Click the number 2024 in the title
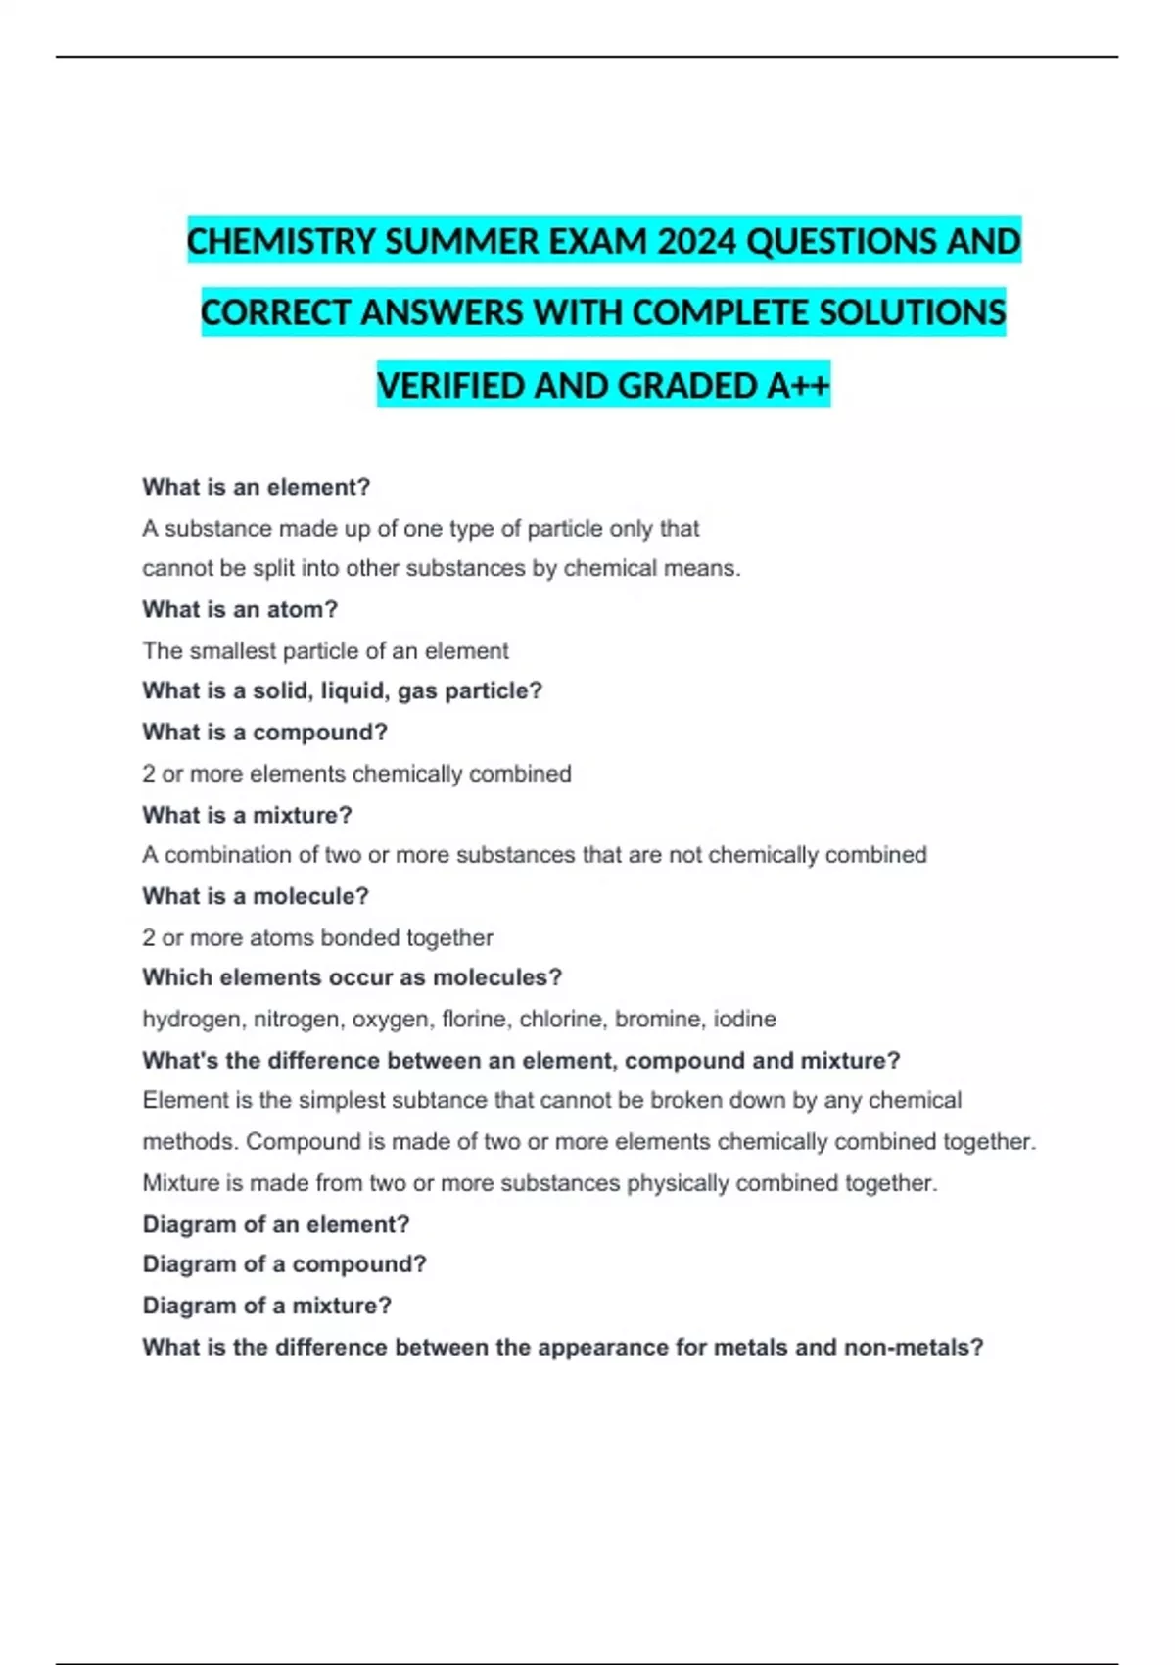tap(696, 241)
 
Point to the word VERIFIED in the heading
tap(450, 385)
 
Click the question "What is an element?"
tap(256, 487)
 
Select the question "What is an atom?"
tap(240, 609)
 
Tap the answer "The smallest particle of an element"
tap(325, 650)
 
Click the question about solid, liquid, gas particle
tap(342, 690)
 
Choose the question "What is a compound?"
tap(264, 732)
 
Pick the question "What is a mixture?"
tap(247, 815)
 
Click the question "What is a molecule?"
tap(255, 896)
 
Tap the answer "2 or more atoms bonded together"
tap(317, 937)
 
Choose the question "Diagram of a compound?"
tap(284, 1264)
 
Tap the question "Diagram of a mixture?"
tap(266, 1306)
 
